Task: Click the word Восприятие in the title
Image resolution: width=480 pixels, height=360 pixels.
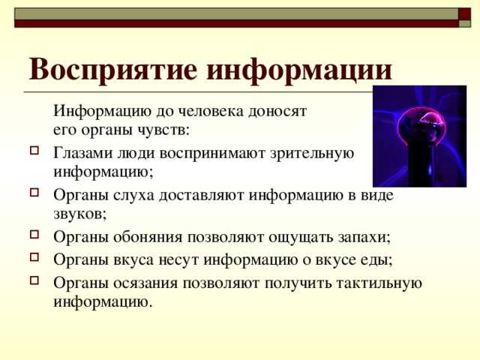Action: click(113, 70)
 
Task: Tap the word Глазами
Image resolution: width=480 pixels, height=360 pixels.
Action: click(83, 153)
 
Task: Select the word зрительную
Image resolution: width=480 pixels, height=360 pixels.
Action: click(312, 154)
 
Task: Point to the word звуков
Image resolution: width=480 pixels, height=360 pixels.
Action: click(79, 214)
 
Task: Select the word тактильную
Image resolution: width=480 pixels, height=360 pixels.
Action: click(379, 283)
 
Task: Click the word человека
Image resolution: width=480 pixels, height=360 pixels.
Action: click(211, 112)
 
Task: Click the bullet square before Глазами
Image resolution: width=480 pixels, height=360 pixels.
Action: click(34, 150)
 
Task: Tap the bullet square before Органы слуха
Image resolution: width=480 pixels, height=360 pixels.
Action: click(34, 192)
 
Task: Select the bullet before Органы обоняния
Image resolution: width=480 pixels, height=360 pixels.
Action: click(34, 235)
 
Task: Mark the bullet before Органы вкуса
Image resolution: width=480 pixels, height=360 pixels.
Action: click(34, 256)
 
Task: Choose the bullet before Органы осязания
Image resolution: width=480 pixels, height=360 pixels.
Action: click(34, 280)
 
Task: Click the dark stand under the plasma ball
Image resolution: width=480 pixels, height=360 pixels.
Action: click(421, 165)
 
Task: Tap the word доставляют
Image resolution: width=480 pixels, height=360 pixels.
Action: click(202, 196)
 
